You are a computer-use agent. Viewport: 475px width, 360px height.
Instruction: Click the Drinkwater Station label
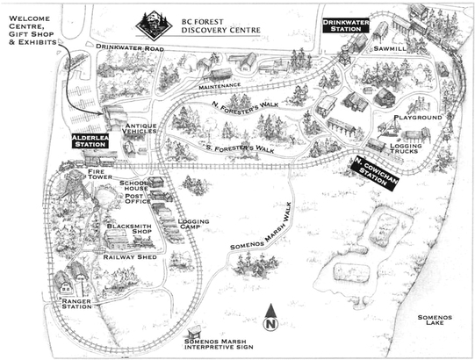346,25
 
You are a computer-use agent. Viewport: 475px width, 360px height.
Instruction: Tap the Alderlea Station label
90,141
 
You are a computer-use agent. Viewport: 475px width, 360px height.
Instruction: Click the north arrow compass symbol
270,317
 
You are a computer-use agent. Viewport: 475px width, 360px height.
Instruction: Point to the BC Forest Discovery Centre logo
154,25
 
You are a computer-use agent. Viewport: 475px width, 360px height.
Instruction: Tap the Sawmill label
390,48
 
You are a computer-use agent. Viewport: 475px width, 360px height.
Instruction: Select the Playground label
418,118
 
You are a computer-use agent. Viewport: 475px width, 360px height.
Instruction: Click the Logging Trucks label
406,148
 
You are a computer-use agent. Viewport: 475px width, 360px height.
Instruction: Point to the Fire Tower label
100,174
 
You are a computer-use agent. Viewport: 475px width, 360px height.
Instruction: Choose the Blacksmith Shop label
129,229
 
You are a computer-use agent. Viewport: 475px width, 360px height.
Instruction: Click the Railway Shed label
130,257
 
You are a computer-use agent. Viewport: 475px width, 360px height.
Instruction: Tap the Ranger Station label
76,304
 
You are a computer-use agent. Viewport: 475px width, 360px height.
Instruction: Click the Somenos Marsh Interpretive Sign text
219,344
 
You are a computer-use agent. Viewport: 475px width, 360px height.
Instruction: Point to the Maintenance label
220,86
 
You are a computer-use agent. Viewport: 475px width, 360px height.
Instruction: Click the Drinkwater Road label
130,47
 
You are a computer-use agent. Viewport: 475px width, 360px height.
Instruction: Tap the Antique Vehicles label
140,128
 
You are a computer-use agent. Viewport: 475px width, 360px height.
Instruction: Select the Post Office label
138,198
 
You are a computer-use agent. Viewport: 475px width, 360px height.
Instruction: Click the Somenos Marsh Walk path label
261,227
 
